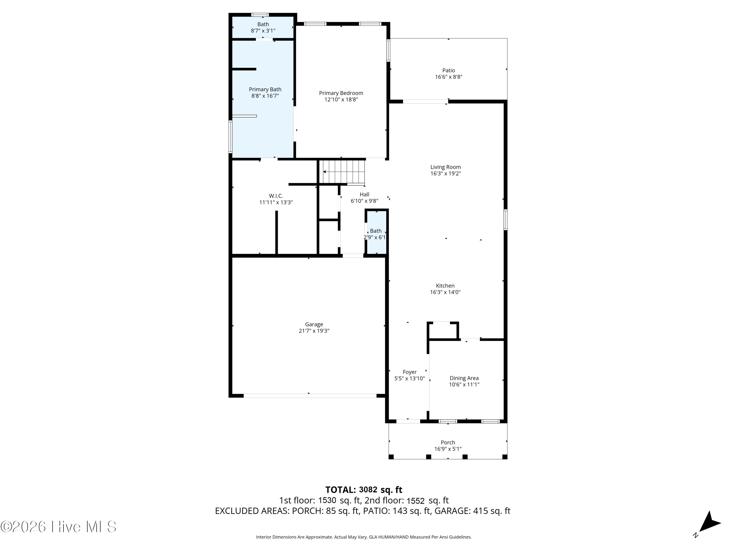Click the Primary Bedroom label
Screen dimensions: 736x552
tap(341, 93)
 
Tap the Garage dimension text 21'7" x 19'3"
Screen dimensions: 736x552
tap(314, 331)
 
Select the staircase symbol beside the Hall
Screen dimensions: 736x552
tap(342, 172)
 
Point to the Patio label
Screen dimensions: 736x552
tap(448, 71)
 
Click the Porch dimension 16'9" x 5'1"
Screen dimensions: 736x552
tap(448, 449)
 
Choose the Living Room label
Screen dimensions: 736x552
tap(446, 167)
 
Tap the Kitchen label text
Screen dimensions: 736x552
tap(445, 286)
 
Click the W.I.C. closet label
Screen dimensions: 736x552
tap(276, 196)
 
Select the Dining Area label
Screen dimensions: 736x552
tap(464, 378)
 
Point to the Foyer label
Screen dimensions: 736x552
tap(410, 372)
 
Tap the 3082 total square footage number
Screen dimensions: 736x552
tap(368, 490)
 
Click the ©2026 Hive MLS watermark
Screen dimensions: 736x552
tap(59, 527)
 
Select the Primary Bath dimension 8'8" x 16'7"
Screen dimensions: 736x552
tap(265, 96)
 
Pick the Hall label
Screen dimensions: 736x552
tap(364, 194)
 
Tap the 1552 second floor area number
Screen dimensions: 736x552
tap(416, 501)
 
